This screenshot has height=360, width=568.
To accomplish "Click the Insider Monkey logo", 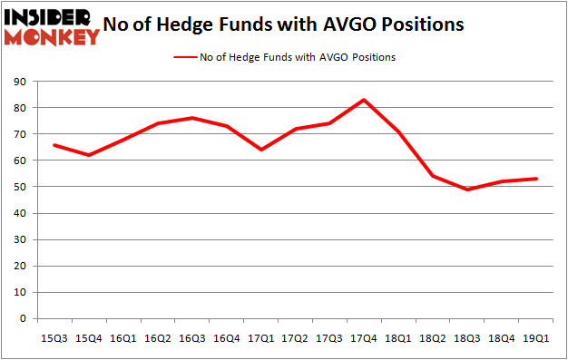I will click(53, 27).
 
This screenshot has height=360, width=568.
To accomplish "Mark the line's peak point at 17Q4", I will click(364, 100).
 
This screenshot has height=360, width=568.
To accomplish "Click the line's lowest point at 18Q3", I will click(467, 190).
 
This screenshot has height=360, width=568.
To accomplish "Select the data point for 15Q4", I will click(88, 155).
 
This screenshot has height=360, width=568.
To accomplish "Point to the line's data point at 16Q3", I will click(191, 118).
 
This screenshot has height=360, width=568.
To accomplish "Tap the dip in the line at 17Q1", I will click(260, 150).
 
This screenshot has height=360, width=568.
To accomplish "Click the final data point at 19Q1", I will click(537, 179).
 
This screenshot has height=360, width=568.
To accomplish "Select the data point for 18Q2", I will click(433, 176).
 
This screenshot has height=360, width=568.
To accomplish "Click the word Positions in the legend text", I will click(371, 57).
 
